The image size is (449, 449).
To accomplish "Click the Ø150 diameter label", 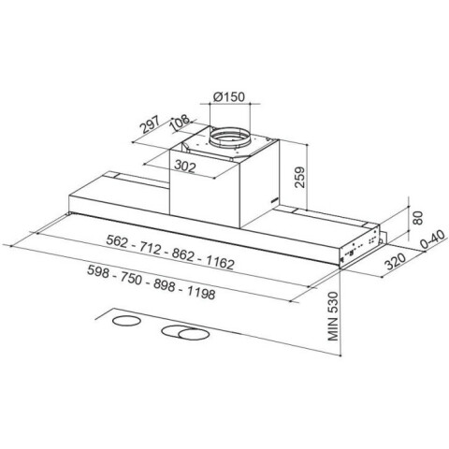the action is tap(229, 96).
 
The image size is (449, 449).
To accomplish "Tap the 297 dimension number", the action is tap(150, 124).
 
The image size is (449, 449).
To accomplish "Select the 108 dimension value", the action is tap(180, 123).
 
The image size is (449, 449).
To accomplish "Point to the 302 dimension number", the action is tap(185, 166).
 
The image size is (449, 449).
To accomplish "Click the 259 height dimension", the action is tap(299, 177).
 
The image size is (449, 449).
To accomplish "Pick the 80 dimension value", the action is tap(417, 218).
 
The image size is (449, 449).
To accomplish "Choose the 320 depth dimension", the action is tap(396, 261).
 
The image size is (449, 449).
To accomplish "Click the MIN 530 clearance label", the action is tap(333, 316).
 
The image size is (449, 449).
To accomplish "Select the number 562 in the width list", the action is tap(117, 241).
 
